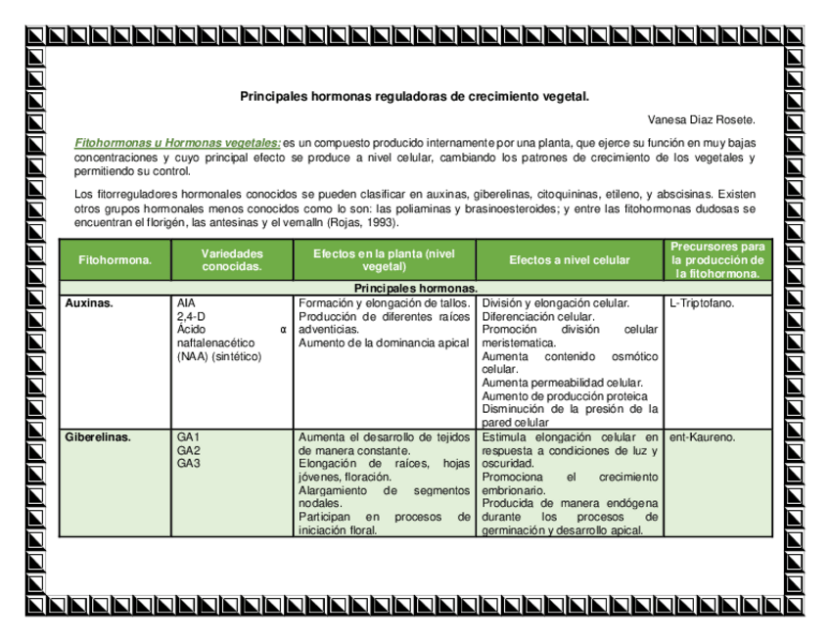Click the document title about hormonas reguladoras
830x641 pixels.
415,97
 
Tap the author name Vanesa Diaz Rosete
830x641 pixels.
702,119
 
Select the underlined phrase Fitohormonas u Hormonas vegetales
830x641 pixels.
178,144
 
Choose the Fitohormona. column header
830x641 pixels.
115,261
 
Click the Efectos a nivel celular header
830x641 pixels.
569,261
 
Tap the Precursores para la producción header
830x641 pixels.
716,260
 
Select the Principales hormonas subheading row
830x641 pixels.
415,289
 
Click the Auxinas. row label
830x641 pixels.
89,303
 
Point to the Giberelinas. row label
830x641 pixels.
98,436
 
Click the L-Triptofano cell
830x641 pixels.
703,303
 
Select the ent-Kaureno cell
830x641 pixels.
702,436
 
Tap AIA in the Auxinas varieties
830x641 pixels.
186,303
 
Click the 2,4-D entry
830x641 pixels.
191,317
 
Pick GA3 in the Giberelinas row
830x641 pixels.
188,463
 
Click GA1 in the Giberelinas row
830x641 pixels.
188,436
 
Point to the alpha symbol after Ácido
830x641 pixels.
283,330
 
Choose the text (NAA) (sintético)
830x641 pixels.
219,356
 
